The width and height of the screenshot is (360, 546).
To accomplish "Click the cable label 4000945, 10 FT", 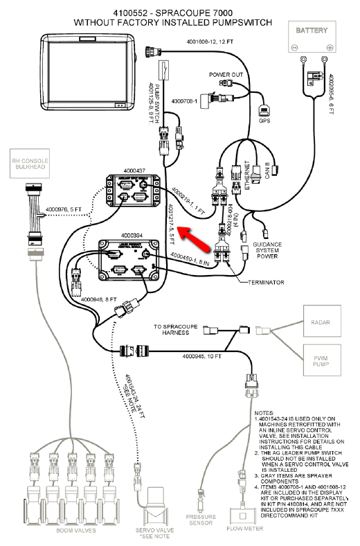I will click(x=201, y=356).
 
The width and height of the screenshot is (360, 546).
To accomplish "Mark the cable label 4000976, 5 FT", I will click(x=63, y=209).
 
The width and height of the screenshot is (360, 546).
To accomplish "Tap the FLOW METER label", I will click(x=243, y=528).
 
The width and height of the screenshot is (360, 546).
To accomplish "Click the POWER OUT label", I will click(x=226, y=73).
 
